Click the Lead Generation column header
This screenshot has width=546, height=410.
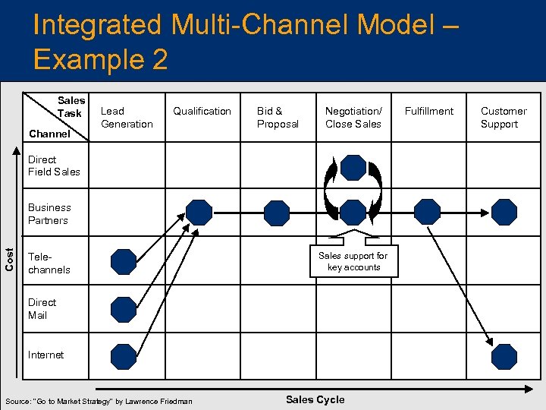pos(127,118)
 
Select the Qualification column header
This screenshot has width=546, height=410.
pos(202,111)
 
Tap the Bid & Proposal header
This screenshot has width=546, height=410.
pos(278,118)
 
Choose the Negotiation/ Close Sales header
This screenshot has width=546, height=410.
pos(353,118)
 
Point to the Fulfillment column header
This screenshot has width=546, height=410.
pos(428,111)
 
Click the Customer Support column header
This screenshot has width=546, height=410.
pos(503,118)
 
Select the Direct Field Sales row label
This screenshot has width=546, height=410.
pos(54,166)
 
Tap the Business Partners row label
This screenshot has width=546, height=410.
pos(49,213)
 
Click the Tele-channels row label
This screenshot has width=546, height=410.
pos(49,263)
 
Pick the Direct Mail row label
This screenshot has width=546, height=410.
pos(42,308)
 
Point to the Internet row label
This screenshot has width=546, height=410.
pos(45,355)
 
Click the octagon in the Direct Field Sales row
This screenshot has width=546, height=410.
pos(353,167)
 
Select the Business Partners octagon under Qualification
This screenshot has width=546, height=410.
pos(199,212)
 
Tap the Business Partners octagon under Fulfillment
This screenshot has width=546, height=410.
pos(428,212)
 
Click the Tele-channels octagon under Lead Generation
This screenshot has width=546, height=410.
pos(123,262)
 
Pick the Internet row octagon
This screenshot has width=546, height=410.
pos(123,355)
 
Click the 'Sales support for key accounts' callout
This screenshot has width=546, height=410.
pos(353,261)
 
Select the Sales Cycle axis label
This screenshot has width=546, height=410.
pos(315,399)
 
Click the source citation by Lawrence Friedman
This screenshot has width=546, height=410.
pos(99,401)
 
